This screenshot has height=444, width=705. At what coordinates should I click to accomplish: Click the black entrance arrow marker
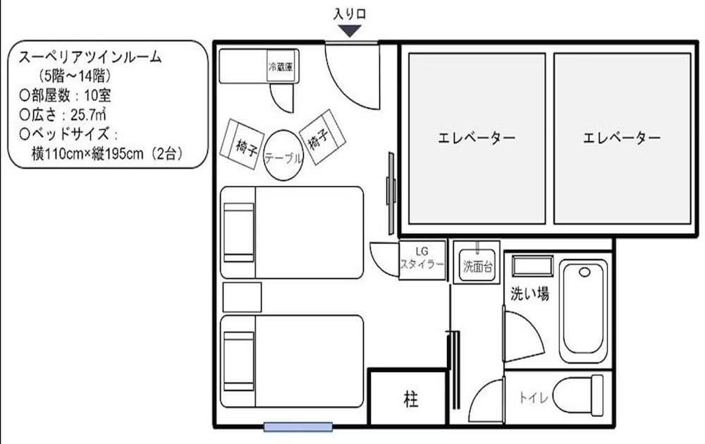point(350,30)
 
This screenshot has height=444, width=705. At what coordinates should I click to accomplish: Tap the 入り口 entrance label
point(350,13)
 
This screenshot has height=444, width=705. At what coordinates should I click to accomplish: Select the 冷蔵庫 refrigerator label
point(280,68)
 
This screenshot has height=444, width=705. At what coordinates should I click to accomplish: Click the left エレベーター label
point(476,138)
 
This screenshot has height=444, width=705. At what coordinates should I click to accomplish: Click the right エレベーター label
point(622,138)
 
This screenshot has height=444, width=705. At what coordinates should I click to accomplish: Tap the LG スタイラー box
point(422,259)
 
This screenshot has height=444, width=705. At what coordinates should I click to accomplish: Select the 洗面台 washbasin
point(477,262)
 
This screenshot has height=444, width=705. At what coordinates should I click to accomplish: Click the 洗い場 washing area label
point(529,294)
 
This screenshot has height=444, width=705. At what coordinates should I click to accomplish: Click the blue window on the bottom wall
point(298,426)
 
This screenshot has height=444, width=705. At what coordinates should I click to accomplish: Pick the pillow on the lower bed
point(238,361)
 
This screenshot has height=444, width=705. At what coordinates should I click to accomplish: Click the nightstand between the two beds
point(242,296)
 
